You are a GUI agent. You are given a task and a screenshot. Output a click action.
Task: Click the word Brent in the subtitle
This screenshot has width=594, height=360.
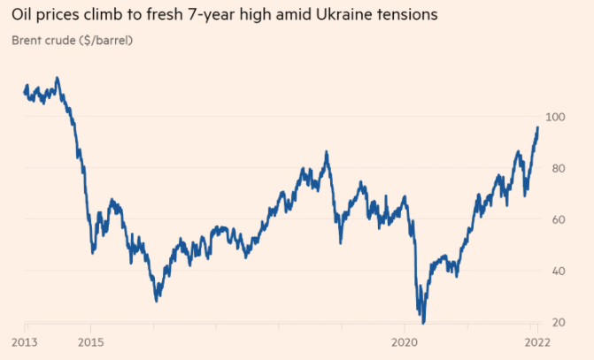click(x=29, y=41)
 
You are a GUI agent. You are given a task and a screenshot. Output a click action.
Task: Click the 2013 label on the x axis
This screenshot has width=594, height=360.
click(x=24, y=341)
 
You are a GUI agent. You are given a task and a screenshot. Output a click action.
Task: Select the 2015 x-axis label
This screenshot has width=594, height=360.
click(x=89, y=341)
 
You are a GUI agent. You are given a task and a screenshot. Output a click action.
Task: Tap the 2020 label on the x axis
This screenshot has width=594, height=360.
click(x=404, y=341)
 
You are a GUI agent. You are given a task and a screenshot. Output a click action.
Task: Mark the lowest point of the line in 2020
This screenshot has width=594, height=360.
click(x=424, y=322)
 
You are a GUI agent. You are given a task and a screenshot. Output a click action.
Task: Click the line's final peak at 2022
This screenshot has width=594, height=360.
click(x=537, y=127)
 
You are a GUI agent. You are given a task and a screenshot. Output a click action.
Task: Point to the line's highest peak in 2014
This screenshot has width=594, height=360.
click(x=58, y=78)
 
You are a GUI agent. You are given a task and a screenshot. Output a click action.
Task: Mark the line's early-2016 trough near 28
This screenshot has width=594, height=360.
click(x=157, y=301)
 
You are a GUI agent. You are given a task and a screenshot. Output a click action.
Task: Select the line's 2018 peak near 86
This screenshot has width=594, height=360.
click(x=327, y=152)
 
